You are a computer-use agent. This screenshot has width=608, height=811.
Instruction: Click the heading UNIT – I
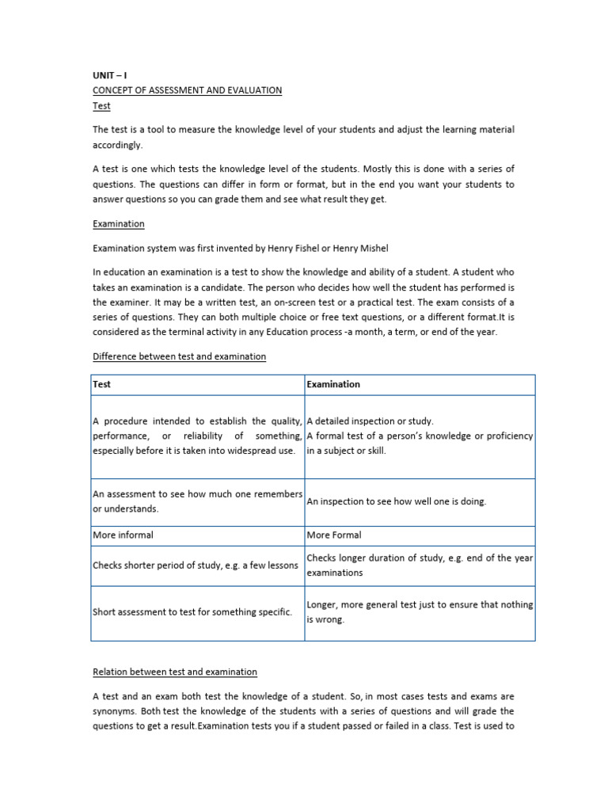coord(109,75)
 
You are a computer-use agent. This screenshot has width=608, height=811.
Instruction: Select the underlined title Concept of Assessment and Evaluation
coord(187,90)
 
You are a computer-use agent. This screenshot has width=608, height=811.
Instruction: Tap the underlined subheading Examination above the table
coord(118,224)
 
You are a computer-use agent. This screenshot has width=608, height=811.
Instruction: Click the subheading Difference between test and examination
coord(179,356)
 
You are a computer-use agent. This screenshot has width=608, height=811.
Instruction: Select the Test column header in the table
coord(102,384)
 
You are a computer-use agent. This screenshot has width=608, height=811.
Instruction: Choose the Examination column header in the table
coord(333,384)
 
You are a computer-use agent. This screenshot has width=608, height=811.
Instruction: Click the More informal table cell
coord(123,535)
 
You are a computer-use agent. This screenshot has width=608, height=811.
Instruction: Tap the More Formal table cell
coord(333,535)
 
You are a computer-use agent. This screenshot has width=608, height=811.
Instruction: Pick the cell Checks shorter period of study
coord(196,565)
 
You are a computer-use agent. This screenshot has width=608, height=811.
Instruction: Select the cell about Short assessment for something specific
coord(192,612)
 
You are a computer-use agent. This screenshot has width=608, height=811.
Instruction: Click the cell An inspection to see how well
coord(397,501)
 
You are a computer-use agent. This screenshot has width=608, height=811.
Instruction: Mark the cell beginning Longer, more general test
coord(420,611)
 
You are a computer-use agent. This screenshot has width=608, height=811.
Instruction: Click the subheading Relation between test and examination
coord(175,672)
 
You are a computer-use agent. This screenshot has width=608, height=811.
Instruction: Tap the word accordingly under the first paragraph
coord(118,145)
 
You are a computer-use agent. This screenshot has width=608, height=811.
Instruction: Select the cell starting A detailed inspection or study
coord(370,421)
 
